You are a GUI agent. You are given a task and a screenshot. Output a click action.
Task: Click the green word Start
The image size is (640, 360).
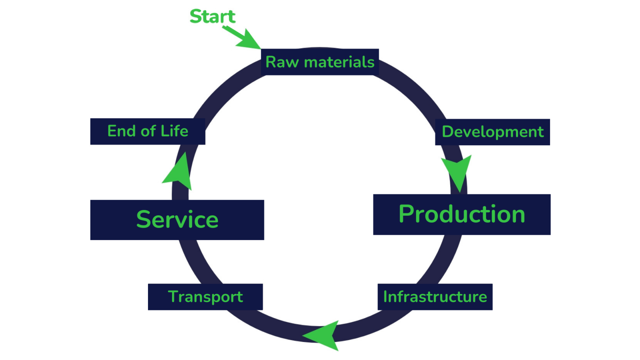point(212,16)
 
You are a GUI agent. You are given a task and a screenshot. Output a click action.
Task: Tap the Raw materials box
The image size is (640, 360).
point(320,62)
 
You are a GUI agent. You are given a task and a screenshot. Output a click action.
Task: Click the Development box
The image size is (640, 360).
point(492,132)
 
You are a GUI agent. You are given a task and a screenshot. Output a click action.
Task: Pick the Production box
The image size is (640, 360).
point(462,214)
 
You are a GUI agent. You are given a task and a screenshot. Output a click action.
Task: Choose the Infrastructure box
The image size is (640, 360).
point(435,297)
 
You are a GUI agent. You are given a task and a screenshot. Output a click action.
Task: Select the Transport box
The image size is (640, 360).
point(205,297)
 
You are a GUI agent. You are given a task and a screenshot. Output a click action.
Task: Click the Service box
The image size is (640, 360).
point(177,220)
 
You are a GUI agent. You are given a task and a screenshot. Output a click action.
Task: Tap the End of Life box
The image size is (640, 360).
point(148,131)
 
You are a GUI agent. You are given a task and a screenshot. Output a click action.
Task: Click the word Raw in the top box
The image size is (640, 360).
point(282,62)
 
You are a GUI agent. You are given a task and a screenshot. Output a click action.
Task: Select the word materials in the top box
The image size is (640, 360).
point(339,62)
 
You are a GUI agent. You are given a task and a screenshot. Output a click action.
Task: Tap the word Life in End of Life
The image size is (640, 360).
point(174,131)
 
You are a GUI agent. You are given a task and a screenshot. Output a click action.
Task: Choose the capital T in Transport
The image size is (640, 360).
point(173,296)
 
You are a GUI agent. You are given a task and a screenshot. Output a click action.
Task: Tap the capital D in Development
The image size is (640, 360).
point(448,132)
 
